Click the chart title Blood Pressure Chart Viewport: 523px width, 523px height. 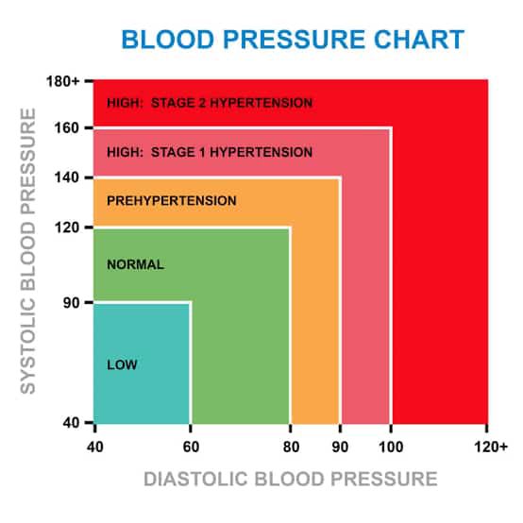tap(293, 40)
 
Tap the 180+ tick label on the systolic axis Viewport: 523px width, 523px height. tap(63, 81)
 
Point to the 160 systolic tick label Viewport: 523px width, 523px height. tap(67, 127)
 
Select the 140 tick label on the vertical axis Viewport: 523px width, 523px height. tap(67, 177)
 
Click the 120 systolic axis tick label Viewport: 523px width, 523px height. tap(67, 228)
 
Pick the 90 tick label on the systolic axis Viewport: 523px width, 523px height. tap(72, 302)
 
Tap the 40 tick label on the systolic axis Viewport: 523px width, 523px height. tap(72, 423)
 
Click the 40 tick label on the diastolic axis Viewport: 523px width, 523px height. tap(95, 447)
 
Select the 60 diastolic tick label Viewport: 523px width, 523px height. tap(191, 447)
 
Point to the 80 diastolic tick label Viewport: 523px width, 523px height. tap(291, 447)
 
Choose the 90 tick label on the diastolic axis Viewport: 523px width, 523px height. tap(340, 447)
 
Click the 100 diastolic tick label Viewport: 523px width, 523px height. tap(391, 447)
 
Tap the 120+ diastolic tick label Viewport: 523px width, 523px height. tap(491, 447)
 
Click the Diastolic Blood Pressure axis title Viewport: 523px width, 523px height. tap(291, 479)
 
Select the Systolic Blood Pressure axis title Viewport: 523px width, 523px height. tap(28, 251)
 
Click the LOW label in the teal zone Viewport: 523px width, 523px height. tap(122, 365)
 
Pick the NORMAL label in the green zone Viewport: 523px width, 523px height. tap(135, 265)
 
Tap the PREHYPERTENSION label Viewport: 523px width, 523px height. tap(172, 201)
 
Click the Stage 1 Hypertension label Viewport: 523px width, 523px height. tap(210, 152)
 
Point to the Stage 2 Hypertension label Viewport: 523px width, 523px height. tap(210, 103)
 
